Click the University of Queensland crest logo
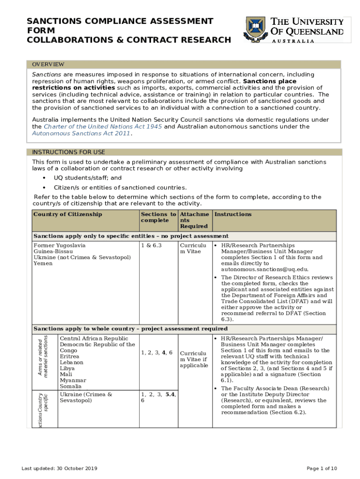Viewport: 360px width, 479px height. point(255,29)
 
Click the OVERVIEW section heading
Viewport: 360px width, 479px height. point(48,64)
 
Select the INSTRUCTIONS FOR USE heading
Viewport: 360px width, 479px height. point(68,152)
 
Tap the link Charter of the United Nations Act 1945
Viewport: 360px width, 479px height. point(103,126)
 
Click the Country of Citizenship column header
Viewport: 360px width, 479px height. point(67,214)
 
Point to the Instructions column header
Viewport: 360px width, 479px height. point(232,214)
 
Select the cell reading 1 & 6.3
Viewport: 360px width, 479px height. point(151,245)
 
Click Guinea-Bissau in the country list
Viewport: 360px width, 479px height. point(53,251)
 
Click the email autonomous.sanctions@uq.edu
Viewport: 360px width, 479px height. point(265,269)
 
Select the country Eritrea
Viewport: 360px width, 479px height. point(70,356)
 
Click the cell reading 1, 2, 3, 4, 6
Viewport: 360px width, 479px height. point(157,352)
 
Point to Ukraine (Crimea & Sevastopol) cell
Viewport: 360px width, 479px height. point(86,397)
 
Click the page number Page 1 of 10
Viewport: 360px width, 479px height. point(321,468)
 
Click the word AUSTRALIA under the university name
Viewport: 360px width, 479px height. point(293,41)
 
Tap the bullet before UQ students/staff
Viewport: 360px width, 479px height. point(44,178)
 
